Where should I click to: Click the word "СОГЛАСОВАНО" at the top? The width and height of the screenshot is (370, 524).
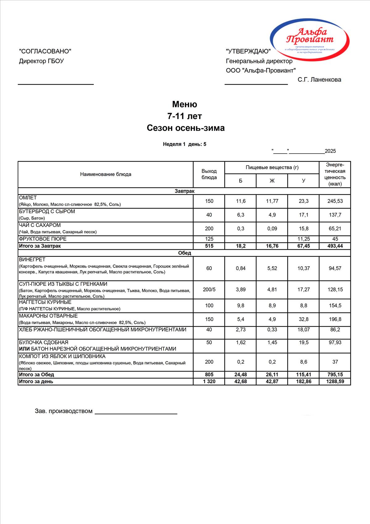45,51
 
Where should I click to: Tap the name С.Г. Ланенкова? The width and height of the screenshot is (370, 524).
319,80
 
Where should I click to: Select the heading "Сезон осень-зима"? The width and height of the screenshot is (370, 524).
185,128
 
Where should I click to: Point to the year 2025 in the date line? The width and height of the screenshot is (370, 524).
330,151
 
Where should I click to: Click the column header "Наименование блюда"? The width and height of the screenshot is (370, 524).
106,174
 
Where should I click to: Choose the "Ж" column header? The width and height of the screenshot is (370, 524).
272,181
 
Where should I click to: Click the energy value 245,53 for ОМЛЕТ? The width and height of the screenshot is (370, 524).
335,201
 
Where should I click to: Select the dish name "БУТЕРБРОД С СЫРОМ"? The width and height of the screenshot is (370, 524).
47,212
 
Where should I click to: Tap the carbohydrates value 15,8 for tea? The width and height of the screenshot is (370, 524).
303,229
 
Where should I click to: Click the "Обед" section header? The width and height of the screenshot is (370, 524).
185,253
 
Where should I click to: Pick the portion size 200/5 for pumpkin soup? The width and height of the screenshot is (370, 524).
209,289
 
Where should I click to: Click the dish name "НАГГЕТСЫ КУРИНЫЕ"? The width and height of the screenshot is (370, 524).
45,302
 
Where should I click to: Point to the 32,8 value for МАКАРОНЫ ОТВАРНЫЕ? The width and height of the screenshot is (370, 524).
303,319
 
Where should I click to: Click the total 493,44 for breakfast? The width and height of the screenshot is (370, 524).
335,246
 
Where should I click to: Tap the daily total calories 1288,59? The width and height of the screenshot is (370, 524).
335,382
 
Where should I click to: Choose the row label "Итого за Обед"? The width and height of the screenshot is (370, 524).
36,375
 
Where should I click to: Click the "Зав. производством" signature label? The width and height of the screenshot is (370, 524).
64,411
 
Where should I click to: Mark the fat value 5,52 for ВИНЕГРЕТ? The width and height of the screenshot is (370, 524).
272,268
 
